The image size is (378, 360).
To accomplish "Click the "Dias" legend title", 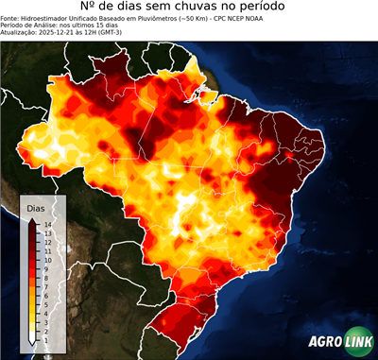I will (36, 207).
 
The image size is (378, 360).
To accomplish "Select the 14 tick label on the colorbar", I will (45, 224).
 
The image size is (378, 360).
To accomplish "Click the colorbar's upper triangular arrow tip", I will (33, 219).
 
